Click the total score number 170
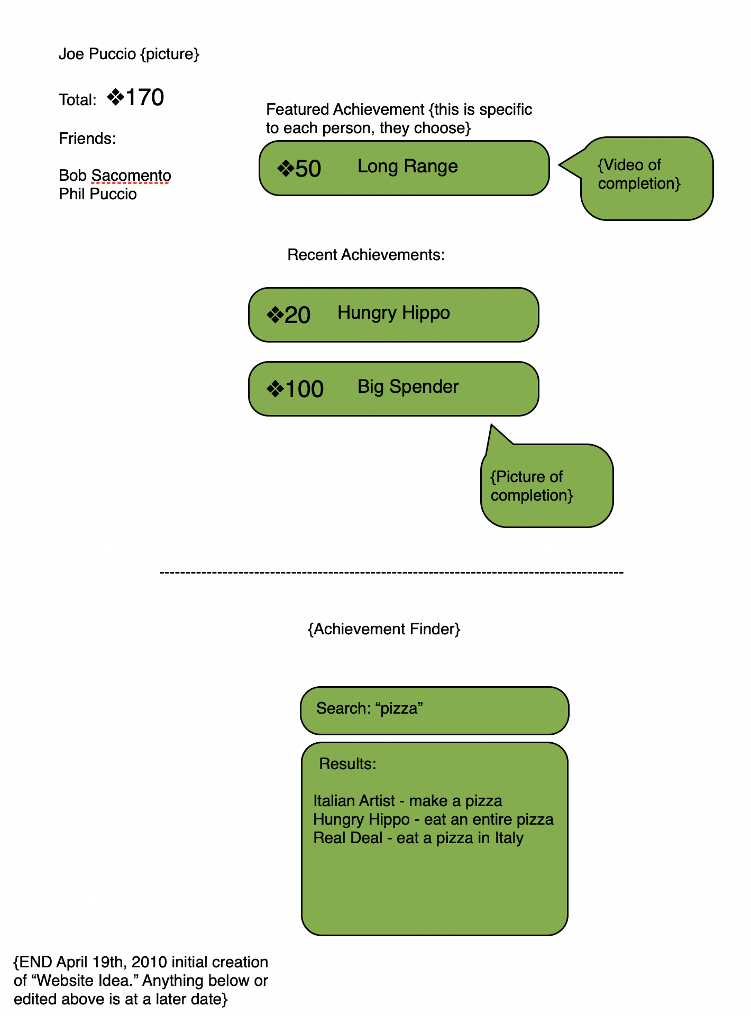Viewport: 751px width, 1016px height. point(144,98)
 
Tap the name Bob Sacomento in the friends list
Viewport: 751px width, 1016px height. point(115,176)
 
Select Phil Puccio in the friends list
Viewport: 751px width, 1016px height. point(98,194)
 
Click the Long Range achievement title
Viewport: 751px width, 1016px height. point(407,167)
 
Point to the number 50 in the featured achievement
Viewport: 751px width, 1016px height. point(308,169)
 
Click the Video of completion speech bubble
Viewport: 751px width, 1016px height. point(646,178)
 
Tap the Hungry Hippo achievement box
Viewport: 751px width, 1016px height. point(393,315)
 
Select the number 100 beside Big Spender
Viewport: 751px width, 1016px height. point(304,389)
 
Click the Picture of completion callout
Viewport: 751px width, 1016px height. point(546,486)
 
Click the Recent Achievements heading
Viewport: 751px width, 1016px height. point(366,255)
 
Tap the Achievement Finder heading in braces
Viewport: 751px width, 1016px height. point(384,629)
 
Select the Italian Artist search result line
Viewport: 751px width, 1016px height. point(407,801)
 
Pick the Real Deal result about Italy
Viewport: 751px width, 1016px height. point(418,838)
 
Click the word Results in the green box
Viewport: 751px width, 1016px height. point(347,764)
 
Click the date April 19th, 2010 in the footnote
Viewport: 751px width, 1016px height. point(112,962)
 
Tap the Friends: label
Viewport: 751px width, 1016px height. point(87,138)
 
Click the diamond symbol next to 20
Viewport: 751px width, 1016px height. point(275,316)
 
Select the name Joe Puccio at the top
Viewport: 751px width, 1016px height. point(97,54)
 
